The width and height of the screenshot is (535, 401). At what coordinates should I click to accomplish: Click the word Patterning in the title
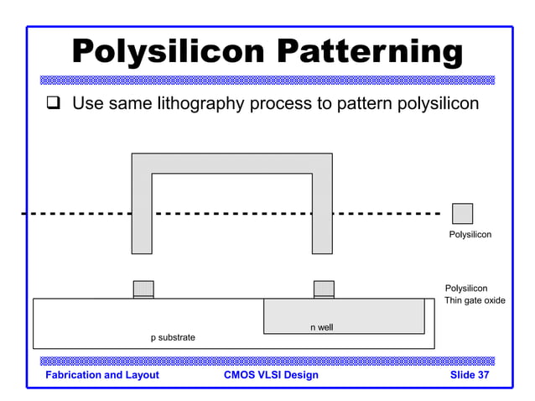tap(368, 52)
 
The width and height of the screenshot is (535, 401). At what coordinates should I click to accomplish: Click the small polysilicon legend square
tap(462, 213)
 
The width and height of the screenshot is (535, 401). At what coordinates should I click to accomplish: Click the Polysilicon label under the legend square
tap(470, 235)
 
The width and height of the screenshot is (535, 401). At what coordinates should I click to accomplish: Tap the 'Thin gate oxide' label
tap(475, 300)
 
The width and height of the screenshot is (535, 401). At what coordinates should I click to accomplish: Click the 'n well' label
tap(321, 327)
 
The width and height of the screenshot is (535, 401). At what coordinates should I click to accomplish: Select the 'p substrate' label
tap(173, 337)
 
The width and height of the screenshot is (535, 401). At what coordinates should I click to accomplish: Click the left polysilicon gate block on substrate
tap(143, 288)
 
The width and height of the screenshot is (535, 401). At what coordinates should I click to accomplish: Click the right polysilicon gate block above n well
tap(324, 288)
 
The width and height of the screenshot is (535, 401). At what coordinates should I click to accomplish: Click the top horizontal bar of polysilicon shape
tap(231, 163)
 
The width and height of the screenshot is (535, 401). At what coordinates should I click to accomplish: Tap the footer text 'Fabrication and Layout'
tap(102, 375)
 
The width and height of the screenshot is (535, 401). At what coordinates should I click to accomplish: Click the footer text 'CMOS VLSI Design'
tap(271, 375)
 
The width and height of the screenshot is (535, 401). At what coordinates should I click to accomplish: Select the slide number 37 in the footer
tap(480, 375)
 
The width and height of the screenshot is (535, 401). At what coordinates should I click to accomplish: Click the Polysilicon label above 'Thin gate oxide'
tap(465, 289)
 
